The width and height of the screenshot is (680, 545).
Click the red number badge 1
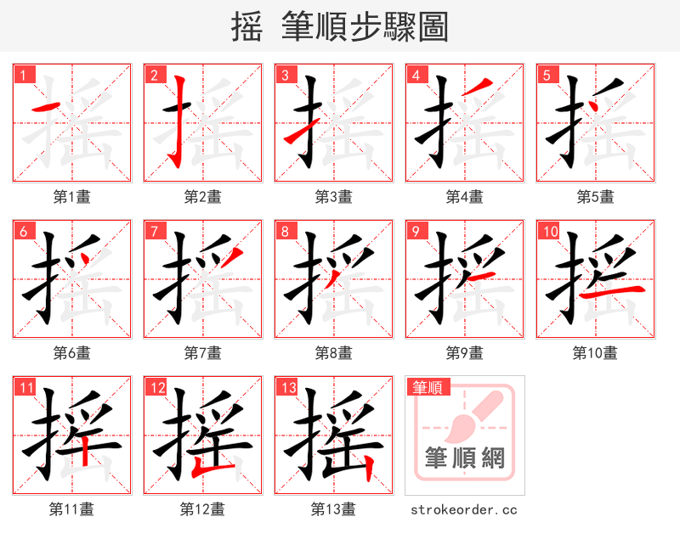click(24, 75)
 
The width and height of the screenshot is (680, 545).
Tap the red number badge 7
click(155, 231)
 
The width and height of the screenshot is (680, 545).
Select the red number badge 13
click(286, 388)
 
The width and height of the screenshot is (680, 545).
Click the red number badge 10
click(549, 231)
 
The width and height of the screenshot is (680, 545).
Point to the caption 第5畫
click(595, 197)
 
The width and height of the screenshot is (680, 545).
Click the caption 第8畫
click(333, 352)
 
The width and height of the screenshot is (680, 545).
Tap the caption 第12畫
click(202, 509)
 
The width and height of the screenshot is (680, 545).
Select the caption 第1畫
click(71, 197)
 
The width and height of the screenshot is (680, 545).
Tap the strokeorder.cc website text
click(464, 510)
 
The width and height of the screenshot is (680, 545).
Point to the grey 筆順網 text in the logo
click(464, 458)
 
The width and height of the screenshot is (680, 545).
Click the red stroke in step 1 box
click(46, 108)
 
